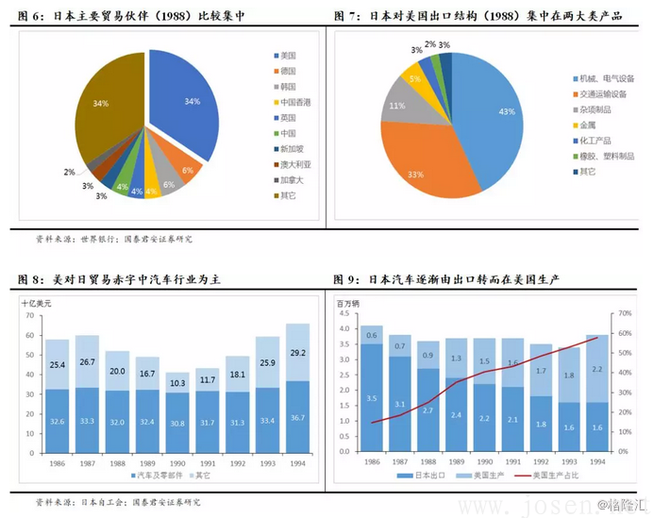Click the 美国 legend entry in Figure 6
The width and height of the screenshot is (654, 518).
287,57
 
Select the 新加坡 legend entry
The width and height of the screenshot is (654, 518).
291,149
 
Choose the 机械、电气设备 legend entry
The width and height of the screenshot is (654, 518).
606,78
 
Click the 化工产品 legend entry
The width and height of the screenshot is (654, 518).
598,141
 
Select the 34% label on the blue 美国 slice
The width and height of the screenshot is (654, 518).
193,101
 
